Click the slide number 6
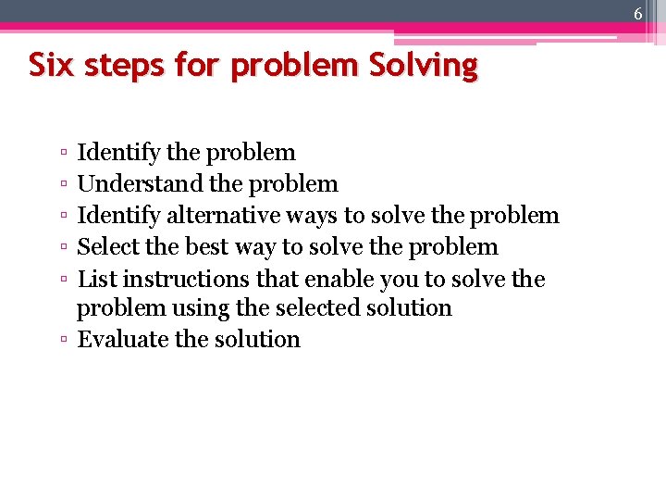638,13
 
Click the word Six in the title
47,66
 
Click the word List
96,279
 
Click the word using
172,308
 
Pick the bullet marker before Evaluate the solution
61,341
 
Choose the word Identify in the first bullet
115,152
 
